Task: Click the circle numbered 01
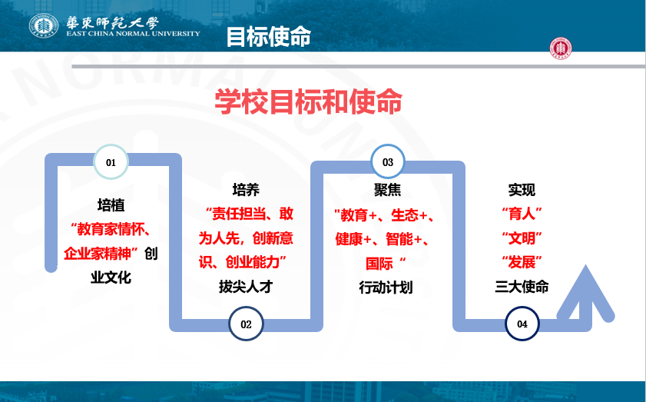tap(111, 162)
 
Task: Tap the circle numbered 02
tap(246, 324)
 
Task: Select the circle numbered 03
tap(388, 161)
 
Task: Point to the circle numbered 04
tap(522, 324)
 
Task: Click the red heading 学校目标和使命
tap(308, 101)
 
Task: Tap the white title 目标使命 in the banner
tap(269, 36)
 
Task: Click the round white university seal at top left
tap(44, 25)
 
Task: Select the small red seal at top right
tap(561, 48)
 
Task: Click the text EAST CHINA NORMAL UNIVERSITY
tap(133, 33)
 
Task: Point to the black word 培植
tap(111, 205)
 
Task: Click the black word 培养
tap(246, 190)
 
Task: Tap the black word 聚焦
tap(387, 190)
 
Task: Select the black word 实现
tap(522, 190)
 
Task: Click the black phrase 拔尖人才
tap(246, 286)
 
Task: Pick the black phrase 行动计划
tap(386, 287)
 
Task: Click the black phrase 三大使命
tap(522, 286)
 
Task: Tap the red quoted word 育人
tap(522, 214)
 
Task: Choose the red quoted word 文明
tap(522, 238)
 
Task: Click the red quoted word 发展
tap(522, 262)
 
